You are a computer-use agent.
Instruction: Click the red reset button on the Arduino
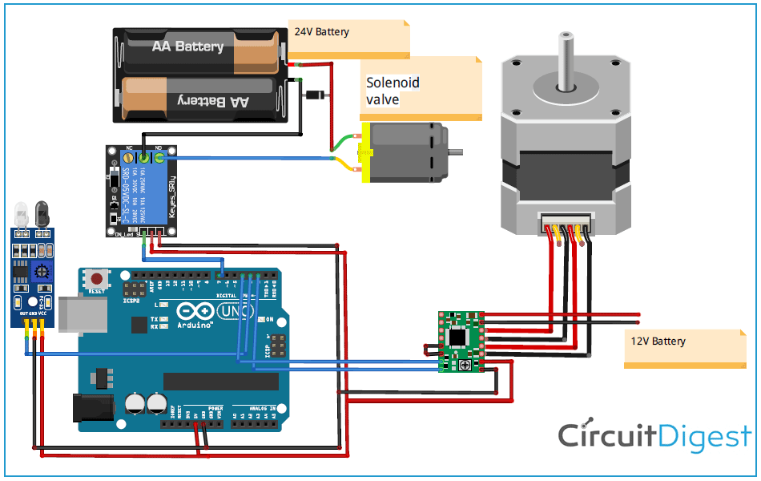pos(98,280)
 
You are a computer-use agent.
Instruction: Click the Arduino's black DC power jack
pos(93,407)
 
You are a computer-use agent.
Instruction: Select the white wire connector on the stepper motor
pos(567,222)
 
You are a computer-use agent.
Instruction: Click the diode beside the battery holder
pos(313,95)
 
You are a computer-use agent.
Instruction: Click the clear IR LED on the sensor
pos(21,215)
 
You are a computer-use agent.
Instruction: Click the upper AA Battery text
pos(187,46)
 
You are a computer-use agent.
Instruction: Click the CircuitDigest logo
pos(654,436)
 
